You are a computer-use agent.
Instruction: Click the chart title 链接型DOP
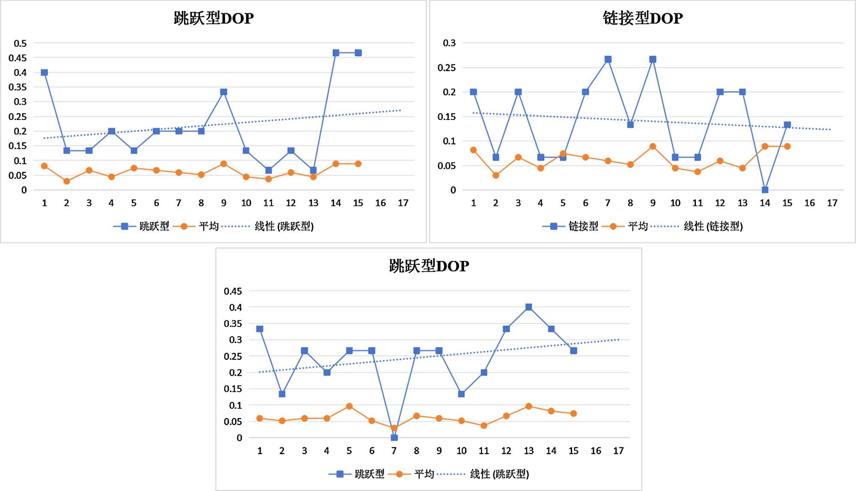pyautogui.click(x=642, y=18)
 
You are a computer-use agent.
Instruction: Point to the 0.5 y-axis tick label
pyautogui.click(x=20, y=43)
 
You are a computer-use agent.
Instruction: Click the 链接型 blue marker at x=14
pyautogui.click(x=765, y=190)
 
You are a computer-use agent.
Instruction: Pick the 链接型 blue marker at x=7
pyautogui.click(x=608, y=60)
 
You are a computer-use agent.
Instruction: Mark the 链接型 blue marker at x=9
pyautogui.click(x=653, y=60)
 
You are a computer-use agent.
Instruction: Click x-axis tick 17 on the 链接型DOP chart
pyautogui.click(x=832, y=203)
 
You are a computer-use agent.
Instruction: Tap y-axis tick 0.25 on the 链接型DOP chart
pyautogui.click(x=447, y=68)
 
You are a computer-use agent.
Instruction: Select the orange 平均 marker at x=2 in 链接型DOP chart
pyautogui.click(x=496, y=175)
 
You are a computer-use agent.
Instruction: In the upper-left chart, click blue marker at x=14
pyautogui.click(x=336, y=53)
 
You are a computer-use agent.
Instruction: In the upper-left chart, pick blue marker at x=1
pyautogui.click(x=44, y=72)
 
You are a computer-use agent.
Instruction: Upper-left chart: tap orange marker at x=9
pyautogui.click(x=224, y=164)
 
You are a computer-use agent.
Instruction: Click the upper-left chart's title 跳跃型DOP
pyautogui.click(x=214, y=18)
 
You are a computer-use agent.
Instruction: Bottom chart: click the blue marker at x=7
pyautogui.click(x=394, y=437)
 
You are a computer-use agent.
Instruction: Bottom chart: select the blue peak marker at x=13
pyautogui.click(x=528, y=307)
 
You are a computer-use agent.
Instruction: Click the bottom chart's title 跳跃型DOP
pyautogui.click(x=429, y=266)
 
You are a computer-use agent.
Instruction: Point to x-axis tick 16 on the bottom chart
pyautogui.click(x=596, y=451)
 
